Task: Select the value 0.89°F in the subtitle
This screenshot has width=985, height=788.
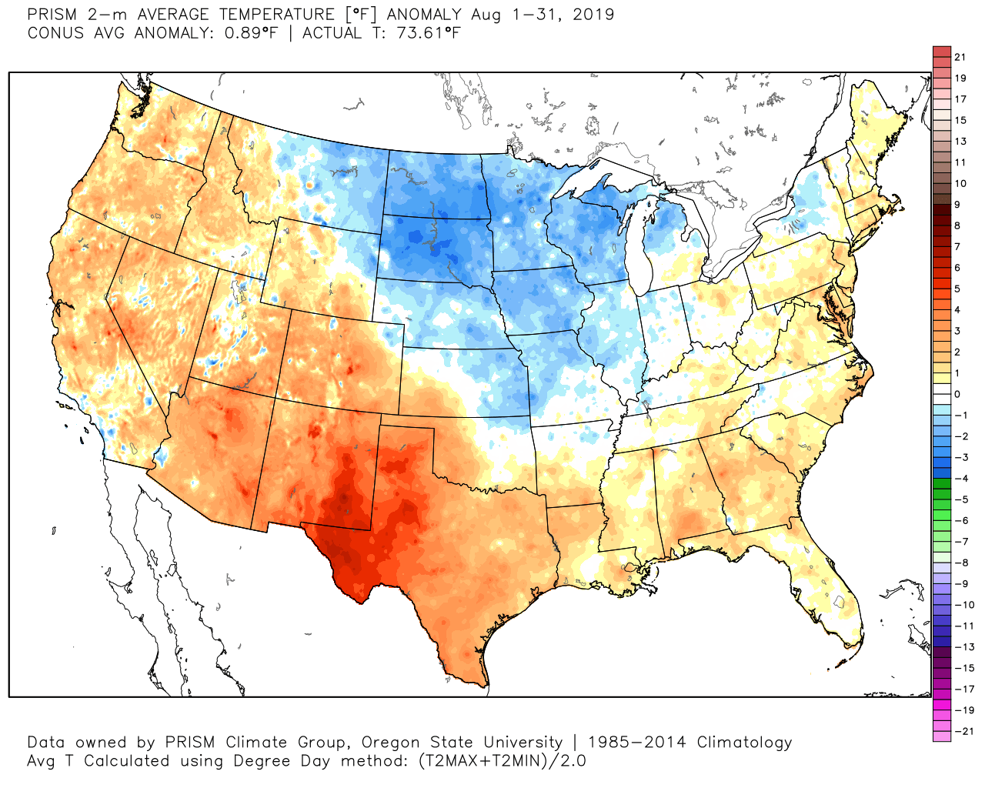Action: coord(245,33)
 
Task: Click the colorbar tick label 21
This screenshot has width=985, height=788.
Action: coord(960,57)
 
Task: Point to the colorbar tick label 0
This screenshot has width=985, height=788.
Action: coord(957,394)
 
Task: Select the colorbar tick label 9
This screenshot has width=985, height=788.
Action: coord(957,205)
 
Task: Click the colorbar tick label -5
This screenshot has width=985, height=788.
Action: coord(962,499)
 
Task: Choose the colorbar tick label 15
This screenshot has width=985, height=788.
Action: coord(960,121)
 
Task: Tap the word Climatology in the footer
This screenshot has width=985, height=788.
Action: coord(744,743)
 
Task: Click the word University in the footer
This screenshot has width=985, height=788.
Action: coord(523,743)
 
